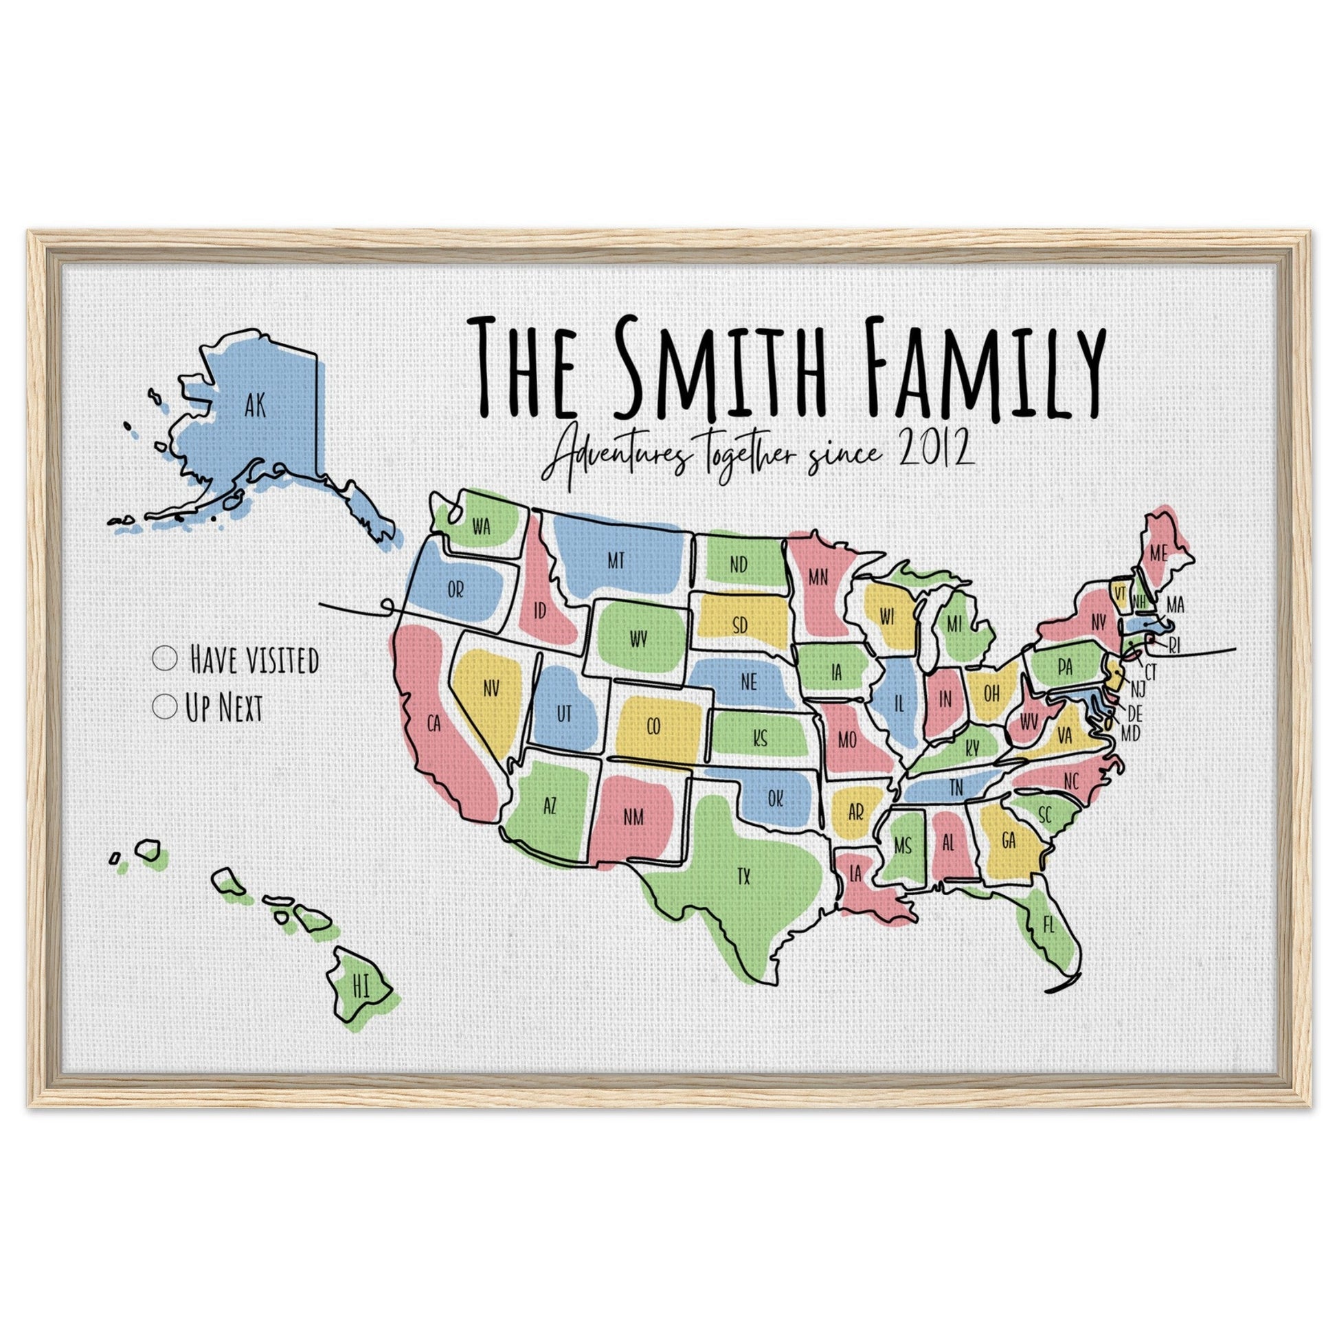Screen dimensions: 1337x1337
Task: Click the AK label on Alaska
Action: click(x=255, y=406)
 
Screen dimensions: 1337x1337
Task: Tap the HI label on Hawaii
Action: click(x=361, y=989)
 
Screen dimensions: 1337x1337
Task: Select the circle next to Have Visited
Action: click(x=165, y=658)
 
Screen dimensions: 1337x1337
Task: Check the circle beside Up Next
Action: click(x=165, y=706)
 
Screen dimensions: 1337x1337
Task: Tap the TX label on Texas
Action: click(x=743, y=878)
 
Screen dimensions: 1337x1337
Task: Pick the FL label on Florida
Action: click(x=1048, y=925)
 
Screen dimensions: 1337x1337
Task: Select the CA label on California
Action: click(x=434, y=725)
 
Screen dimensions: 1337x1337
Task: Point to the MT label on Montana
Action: click(x=616, y=561)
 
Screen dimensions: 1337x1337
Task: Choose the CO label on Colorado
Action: click(x=653, y=727)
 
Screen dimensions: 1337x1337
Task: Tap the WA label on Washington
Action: click(x=481, y=528)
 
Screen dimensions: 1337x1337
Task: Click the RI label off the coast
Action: click(x=1174, y=647)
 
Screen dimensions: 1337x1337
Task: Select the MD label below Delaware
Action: click(x=1130, y=733)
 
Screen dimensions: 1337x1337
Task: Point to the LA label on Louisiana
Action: click(x=855, y=874)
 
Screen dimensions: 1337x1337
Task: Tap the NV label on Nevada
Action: click(x=491, y=688)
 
